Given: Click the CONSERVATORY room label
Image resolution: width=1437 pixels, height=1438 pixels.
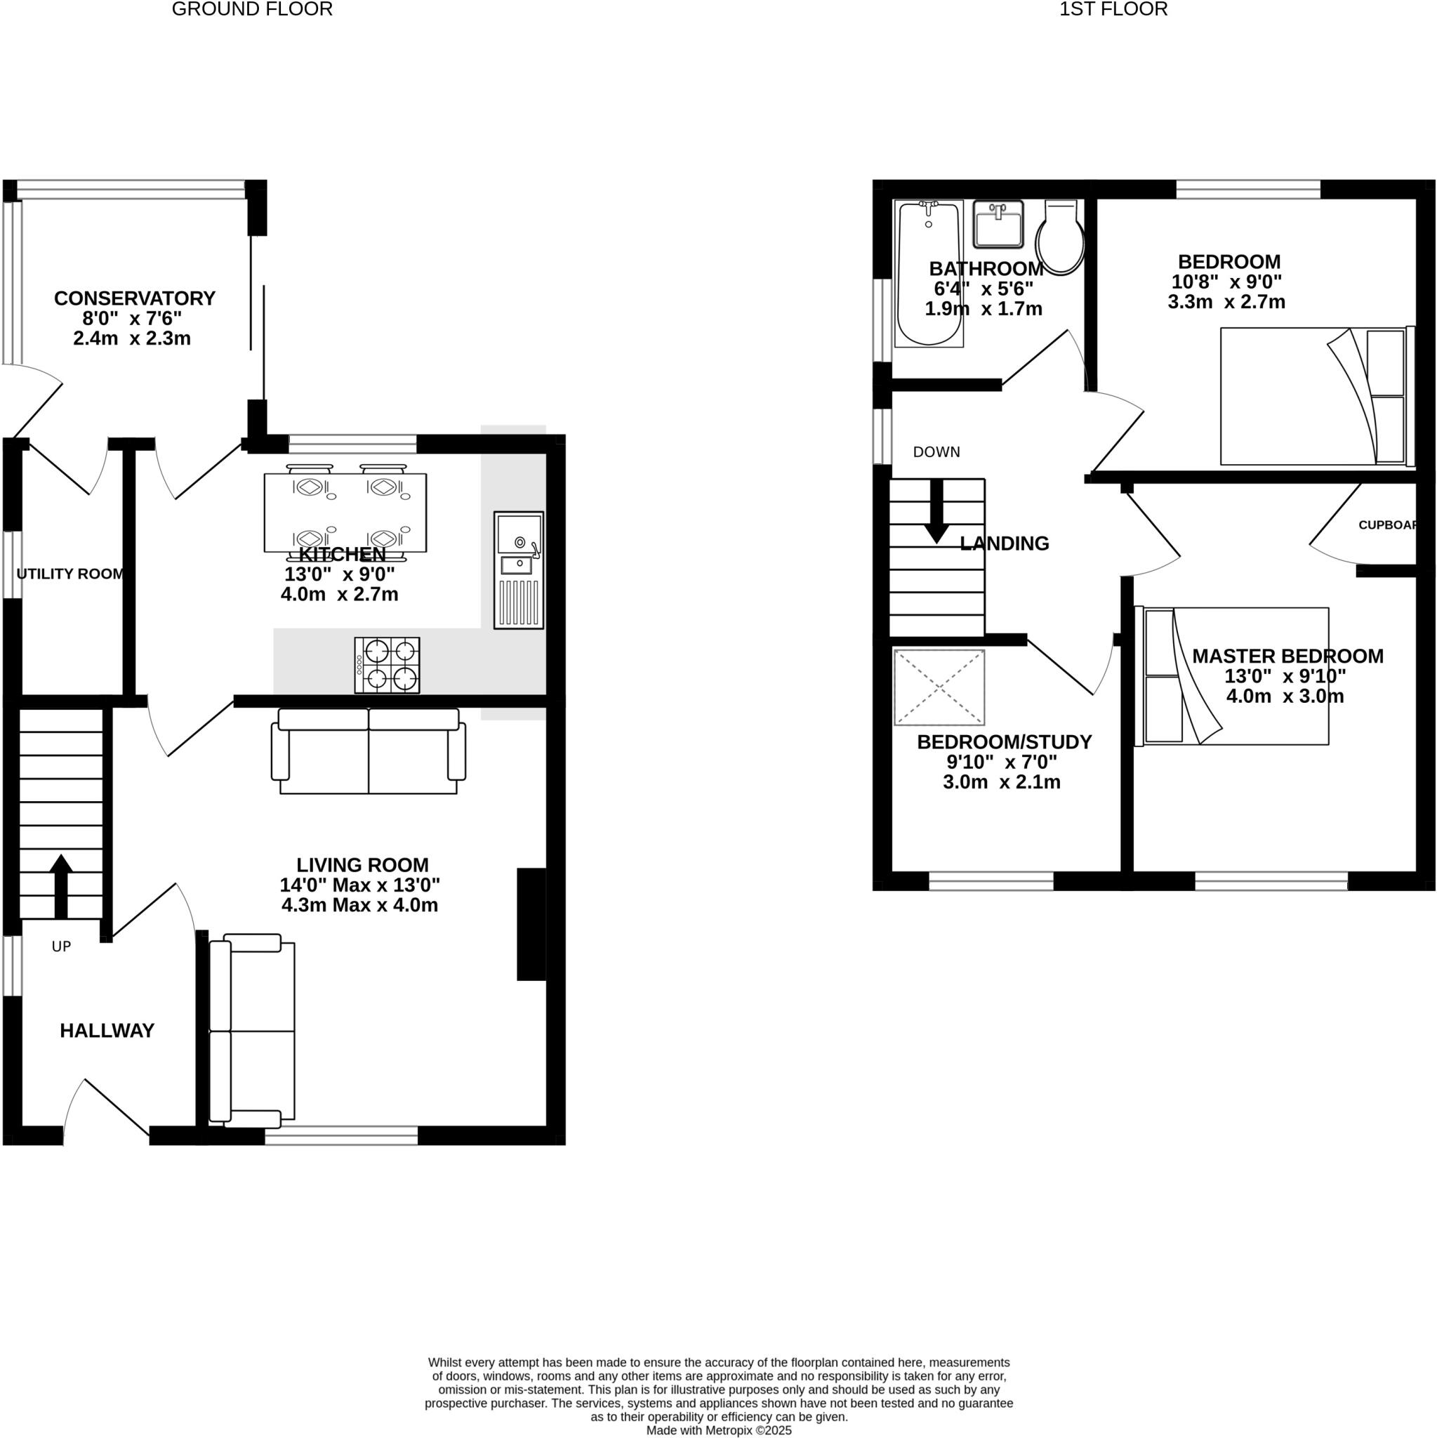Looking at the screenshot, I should point(135,298).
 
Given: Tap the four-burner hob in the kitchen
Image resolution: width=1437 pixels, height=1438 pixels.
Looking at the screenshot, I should point(387,665).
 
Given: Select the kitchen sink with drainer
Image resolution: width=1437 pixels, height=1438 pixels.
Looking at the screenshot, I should point(519,569).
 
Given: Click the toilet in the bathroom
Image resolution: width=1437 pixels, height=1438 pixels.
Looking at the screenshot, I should point(1060,237).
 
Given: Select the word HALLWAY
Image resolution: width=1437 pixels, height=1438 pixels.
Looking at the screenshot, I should point(107,1030).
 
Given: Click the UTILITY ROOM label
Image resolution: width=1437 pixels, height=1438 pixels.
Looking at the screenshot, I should point(70,574).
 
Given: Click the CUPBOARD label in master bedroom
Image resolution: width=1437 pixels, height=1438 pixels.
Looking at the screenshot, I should point(1387,525).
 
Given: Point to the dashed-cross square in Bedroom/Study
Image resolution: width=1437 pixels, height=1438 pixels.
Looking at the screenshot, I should point(939,687).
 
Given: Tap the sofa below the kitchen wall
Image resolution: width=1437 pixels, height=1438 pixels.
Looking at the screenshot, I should point(369,751).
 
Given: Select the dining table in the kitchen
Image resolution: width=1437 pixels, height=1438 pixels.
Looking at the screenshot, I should point(345,512).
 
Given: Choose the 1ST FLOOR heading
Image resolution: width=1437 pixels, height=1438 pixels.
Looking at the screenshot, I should point(1113,10).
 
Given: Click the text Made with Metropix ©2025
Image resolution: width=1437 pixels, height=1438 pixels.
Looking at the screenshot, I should point(718,1430).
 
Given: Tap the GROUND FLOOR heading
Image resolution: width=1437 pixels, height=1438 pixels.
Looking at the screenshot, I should point(252,10).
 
